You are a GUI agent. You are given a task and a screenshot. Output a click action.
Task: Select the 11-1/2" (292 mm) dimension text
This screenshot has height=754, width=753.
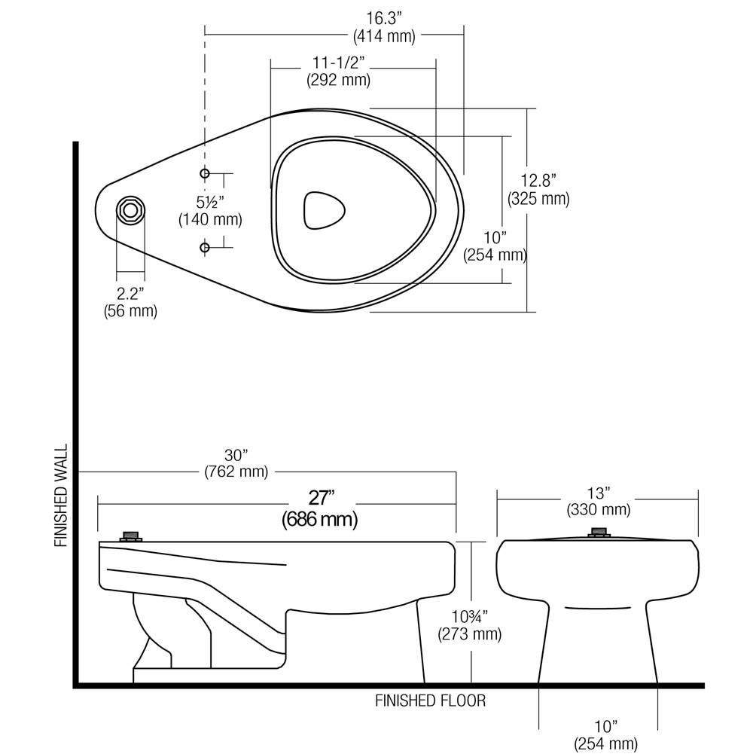click(x=339, y=72)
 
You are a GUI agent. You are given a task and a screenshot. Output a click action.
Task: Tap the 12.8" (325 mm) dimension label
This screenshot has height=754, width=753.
click(x=538, y=190)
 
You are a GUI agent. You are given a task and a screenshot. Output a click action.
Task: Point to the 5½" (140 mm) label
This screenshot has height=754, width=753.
click(x=210, y=212)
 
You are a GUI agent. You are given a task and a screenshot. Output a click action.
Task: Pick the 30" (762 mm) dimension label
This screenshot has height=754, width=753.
click(x=236, y=463)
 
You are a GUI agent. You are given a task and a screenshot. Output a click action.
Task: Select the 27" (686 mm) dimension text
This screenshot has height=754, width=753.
click(x=319, y=508)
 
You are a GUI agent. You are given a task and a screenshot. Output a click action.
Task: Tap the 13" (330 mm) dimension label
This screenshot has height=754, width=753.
click(x=598, y=502)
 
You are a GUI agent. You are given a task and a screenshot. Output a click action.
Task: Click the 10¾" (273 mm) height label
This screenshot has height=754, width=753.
click(x=470, y=624)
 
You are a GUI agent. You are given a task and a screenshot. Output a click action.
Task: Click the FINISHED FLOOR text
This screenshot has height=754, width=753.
click(x=431, y=701)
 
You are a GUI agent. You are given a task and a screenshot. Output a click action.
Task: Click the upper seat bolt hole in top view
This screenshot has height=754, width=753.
click(x=205, y=174)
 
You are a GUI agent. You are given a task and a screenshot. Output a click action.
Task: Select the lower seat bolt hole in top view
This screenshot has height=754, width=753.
click(x=205, y=247)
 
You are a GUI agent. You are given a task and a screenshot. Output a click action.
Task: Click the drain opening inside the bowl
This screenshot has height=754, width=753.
click(x=324, y=209)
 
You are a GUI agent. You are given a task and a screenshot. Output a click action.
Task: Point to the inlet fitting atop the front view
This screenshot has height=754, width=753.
click(x=599, y=533)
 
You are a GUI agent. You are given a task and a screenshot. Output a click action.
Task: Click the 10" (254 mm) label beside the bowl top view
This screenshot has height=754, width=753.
click(x=495, y=246)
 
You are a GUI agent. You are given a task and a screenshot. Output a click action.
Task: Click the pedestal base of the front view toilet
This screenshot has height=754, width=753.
click(x=599, y=648)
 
